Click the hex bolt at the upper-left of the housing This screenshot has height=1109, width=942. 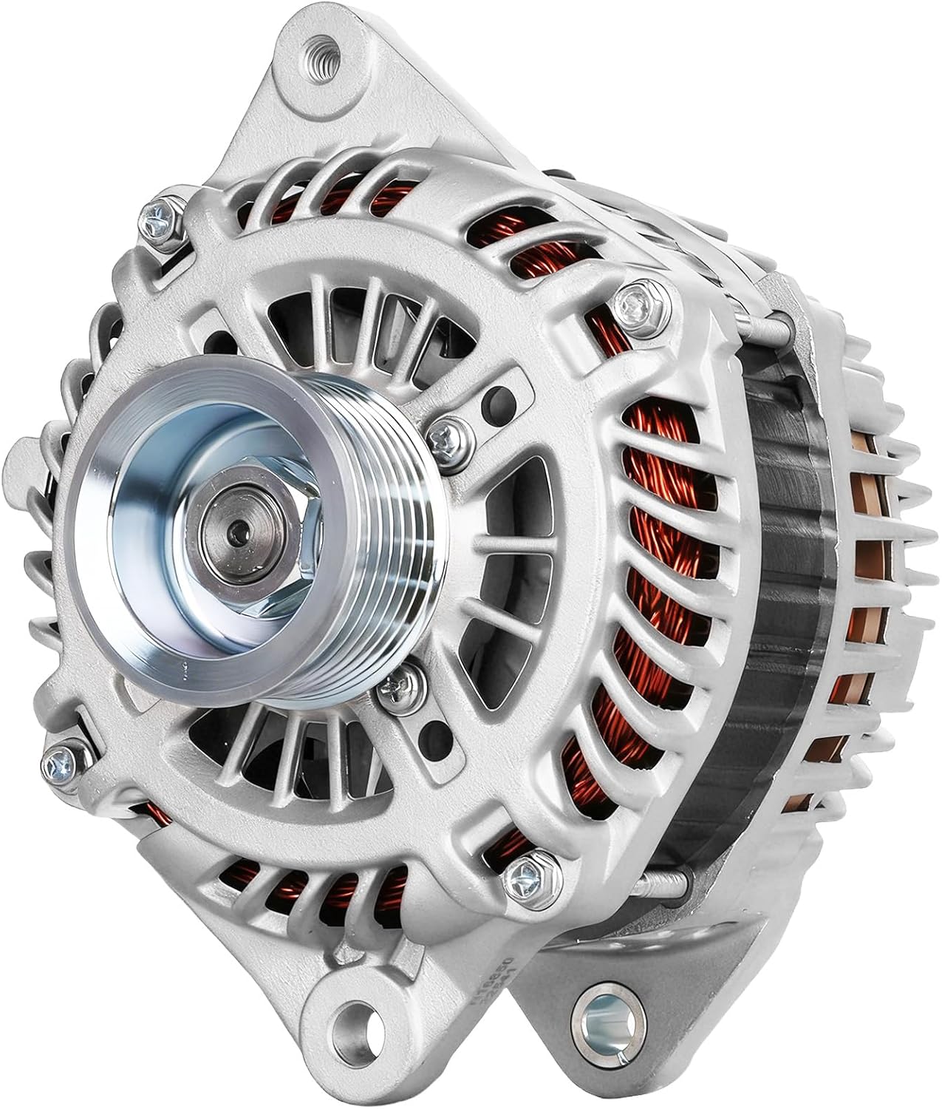coord(160,214)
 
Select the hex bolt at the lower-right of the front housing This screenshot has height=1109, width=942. coord(529,877)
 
